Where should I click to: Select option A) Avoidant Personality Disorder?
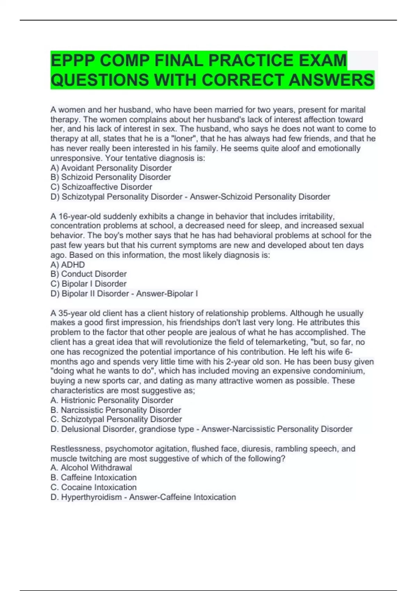point(111,168)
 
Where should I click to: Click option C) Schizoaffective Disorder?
point(101,187)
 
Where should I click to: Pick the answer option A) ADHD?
point(68,265)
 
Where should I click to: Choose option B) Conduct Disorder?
point(89,274)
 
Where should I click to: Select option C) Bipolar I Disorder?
point(89,284)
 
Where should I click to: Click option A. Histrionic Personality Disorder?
point(112,400)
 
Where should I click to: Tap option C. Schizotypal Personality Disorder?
point(116,419)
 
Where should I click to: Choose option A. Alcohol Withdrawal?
point(91,468)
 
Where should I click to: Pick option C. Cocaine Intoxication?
point(93,487)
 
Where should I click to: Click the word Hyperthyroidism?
point(92,497)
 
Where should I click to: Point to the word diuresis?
point(257,449)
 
